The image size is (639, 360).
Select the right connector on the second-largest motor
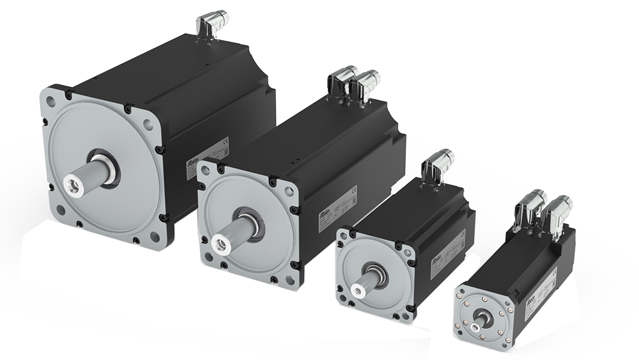click(x=366, y=86)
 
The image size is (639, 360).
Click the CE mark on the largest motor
click(x=224, y=143)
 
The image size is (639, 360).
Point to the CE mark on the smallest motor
click(x=553, y=272)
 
